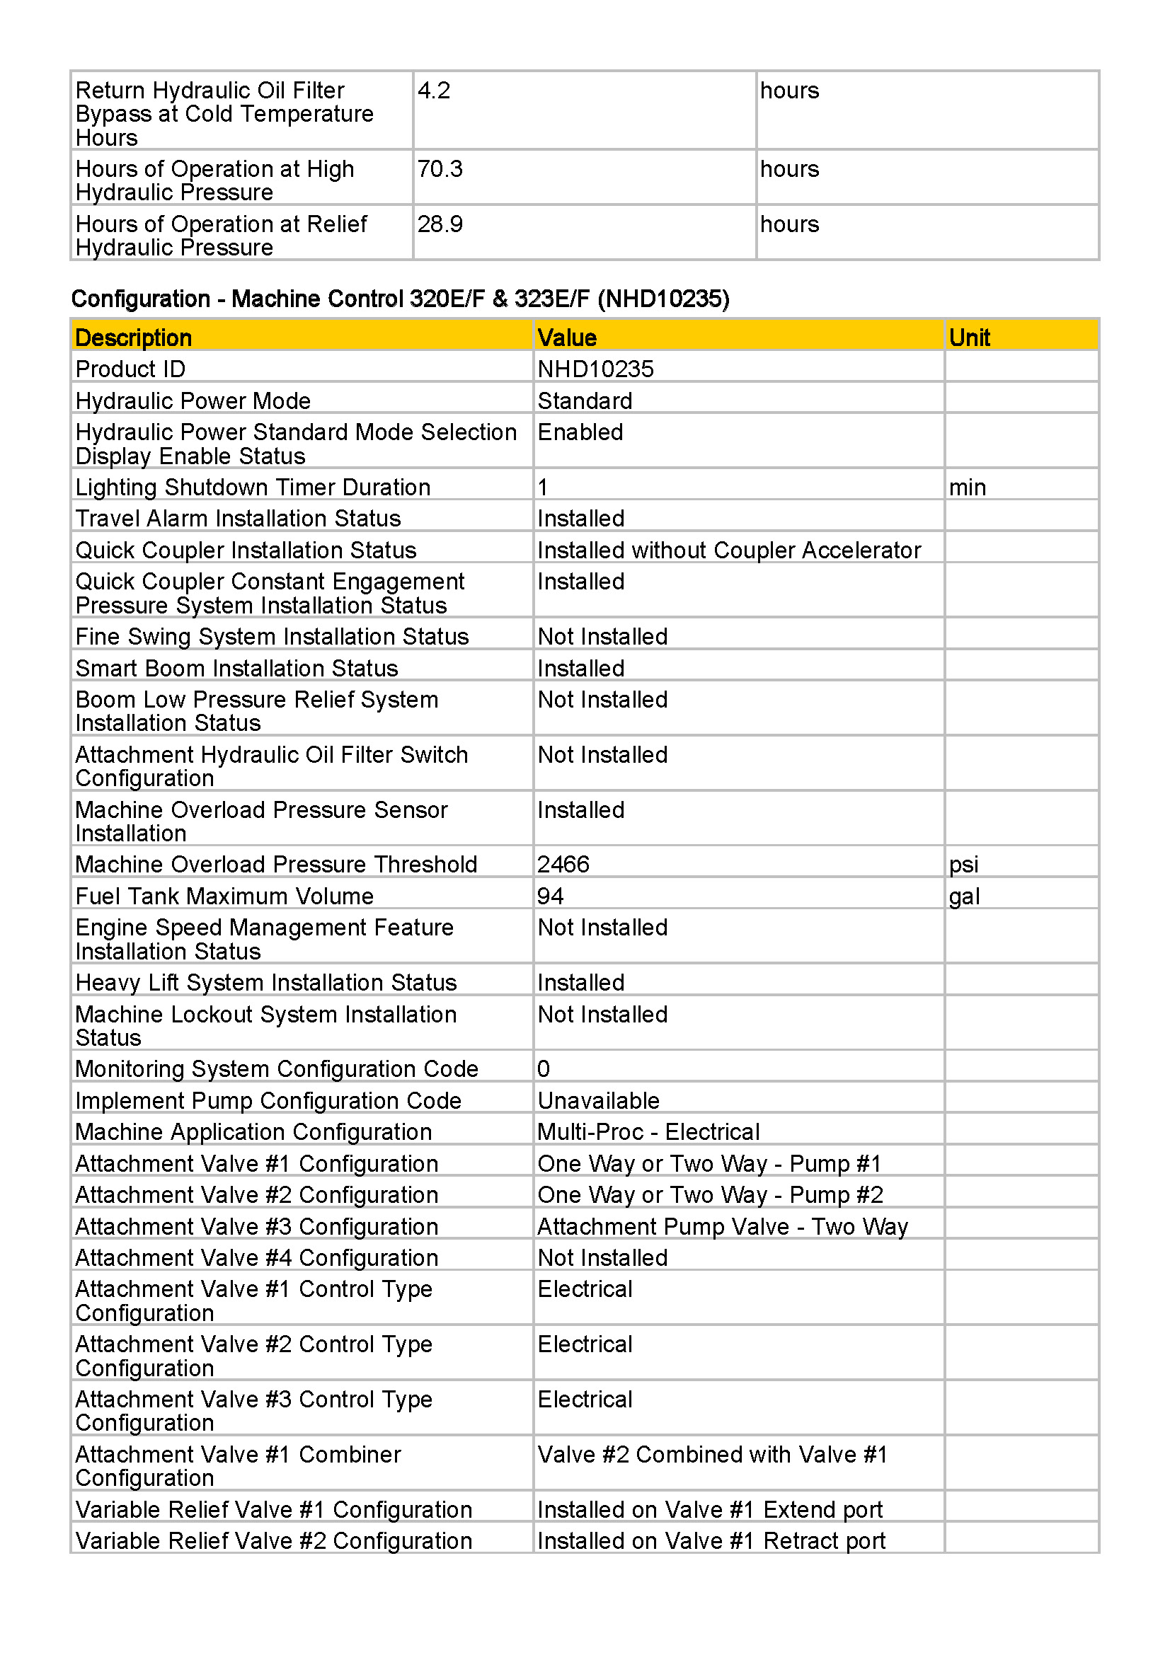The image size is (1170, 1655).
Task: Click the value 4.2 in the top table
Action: pyautogui.click(x=434, y=91)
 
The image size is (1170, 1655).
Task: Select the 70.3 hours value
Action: pyautogui.click(x=440, y=169)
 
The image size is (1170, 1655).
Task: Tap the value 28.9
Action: pyautogui.click(x=440, y=224)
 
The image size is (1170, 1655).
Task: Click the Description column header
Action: pyautogui.click(x=133, y=338)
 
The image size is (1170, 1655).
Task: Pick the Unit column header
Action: pyautogui.click(x=969, y=338)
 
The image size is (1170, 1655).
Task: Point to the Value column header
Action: pyautogui.click(x=567, y=338)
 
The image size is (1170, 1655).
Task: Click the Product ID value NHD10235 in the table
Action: pyautogui.click(x=595, y=369)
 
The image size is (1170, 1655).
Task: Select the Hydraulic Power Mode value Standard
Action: pyautogui.click(x=585, y=400)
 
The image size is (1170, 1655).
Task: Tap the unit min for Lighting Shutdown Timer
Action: pyautogui.click(x=967, y=488)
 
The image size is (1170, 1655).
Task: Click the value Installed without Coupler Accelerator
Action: pyautogui.click(x=729, y=550)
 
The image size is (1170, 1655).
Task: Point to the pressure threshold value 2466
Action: pyautogui.click(x=563, y=863)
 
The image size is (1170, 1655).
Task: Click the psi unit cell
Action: pyautogui.click(x=963, y=863)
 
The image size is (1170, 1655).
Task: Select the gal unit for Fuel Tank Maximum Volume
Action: pyautogui.click(x=964, y=896)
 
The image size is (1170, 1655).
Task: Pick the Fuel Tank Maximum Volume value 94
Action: pyautogui.click(x=550, y=896)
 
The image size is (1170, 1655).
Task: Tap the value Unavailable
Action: pyautogui.click(x=598, y=1101)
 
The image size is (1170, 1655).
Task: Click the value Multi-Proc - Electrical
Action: pyautogui.click(x=648, y=1131)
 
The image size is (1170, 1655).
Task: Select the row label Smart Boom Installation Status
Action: pyautogui.click(x=236, y=668)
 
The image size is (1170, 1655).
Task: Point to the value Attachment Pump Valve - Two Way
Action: pyautogui.click(x=723, y=1226)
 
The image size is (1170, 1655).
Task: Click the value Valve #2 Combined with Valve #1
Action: pyautogui.click(x=711, y=1454)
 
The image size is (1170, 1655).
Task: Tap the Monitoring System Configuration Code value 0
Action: pyautogui.click(x=544, y=1068)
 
